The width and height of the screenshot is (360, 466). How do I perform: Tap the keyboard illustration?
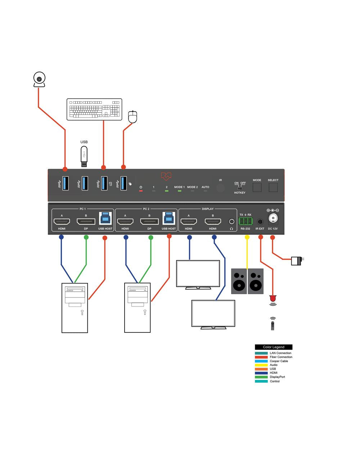pyautogui.click(x=94, y=109)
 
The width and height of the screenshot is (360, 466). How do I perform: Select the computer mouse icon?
pyautogui.click(x=133, y=117)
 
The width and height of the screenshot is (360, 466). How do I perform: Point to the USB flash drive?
pyautogui.click(x=84, y=156)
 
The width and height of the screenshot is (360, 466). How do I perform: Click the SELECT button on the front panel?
pyautogui.click(x=273, y=187)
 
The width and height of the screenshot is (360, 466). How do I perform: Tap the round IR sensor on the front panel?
pyautogui.click(x=220, y=188)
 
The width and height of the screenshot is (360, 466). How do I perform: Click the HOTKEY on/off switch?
pyautogui.click(x=240, y=188)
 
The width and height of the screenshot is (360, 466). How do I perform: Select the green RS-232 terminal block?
pyautogui.click(x=245, y=221)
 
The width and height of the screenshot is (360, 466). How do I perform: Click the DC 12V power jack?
pyautogui.click(x=273, y=219)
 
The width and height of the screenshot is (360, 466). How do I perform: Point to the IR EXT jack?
pyautogui.click(x=260, y=222)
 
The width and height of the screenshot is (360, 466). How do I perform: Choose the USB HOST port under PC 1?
pyautogui.click(x=105, y=218)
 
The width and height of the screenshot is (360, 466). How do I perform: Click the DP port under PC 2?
pyautogui.click(x=149, y=221)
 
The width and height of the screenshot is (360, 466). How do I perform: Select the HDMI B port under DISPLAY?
pyautogui.click(x=213, y=221)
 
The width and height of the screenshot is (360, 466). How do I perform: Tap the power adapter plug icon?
pyautogui.click(x=297, y=260)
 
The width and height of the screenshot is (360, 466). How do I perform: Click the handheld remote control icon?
pyautogui.click(x=273, y=324)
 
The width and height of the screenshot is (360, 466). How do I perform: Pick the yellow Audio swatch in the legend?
pyautogui.click(x=261, y=365)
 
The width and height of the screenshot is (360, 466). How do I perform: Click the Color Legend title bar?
pyautogui.click(x=274, y=347)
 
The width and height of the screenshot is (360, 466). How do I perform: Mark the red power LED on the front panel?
pyautogui.click(x=141, y=191)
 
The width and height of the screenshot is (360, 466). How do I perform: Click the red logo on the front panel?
pyautogui.click(x=166, y=176)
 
